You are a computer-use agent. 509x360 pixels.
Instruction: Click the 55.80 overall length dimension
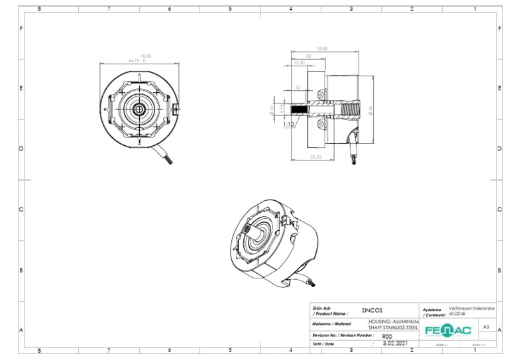pyautogui.click(x=323, y=48)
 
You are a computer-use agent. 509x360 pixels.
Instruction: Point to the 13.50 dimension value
pyautogui.click(x=300, y=62)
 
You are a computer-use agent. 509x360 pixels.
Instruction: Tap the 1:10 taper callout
pyautogui.click(x=288, y=124)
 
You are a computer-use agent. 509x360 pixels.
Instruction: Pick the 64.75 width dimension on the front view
pyautogui.click(x=134, y=60)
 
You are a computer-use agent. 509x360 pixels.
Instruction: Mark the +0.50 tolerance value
pyautogui.click(x=146, y=56)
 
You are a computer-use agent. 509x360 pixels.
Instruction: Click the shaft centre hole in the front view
pyautogui.click(x=139, y=108)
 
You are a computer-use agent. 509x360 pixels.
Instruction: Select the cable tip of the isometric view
pyautogui.click(x=312, y=284)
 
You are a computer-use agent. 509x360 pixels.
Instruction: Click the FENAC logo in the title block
pyautogui.click(x=448, y=330)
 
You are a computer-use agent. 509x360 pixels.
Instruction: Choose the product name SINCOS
pyautogui.click(x=372, y=310)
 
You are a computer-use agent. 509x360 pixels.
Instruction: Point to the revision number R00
pyautogui.click(x=387, y=336)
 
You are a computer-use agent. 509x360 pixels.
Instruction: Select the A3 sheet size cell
pyautogui.click(x=486, y=327)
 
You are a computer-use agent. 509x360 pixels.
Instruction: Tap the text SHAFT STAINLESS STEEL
pyautogui.click(x=394, y=327)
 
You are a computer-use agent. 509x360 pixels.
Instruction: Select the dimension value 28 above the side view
pyautogui.click(x=309, y=56)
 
